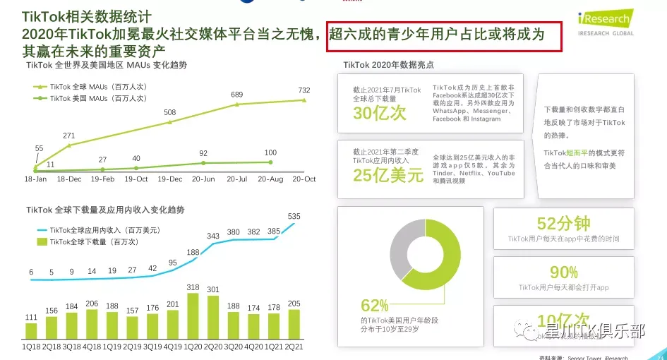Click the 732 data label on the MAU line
click(x=304, y=90)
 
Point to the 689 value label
click(x=237, y=95)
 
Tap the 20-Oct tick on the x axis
click(x=305, y=179)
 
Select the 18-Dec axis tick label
click(x=69, y=179)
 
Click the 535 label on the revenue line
click(x=294, y=215)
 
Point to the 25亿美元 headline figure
click(x=388, y=175)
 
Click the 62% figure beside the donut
click(x=375, y=306)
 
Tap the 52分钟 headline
click(x=563, y=224)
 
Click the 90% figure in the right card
click(x=563, y=272)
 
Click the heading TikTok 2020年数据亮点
click(x=388, y=65)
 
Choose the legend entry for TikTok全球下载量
click(x=92, y=241)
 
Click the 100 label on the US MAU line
click(x=270, y=152)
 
